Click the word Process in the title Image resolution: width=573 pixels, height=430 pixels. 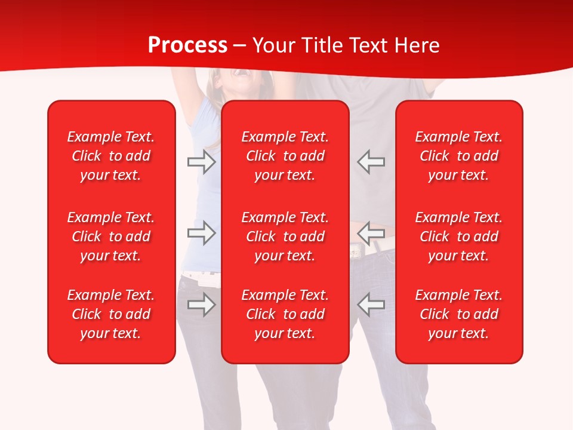click(x=187, y=45)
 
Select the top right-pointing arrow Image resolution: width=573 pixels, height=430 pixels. click(x=202, y=162)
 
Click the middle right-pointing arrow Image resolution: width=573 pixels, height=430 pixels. click(x=202, y=233)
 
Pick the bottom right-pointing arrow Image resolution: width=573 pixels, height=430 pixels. click(x=202, y=305)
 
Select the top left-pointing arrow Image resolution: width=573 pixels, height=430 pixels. click(x=371, y=162)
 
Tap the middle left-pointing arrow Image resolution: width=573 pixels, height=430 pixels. click(x=371, y=233)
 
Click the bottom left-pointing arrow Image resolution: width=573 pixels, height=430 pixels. click(x=371, y=305)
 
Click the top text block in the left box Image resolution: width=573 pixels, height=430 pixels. click(x=111, y=156)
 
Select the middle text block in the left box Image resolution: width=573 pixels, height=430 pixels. click(x=111, y=236)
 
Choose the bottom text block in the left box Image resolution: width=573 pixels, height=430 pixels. click(x=111, y=314)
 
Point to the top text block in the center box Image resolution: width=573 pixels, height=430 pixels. click(x=285, y=156)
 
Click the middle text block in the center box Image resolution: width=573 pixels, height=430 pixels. click(x=285, y=236)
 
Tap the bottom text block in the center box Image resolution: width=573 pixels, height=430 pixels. click(x=285, y=314)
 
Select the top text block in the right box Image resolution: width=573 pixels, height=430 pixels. click(x=459, y=156)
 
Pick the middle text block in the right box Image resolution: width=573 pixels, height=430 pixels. click(x=459, y=236)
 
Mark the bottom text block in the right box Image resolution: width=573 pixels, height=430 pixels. click(x=459, y=314)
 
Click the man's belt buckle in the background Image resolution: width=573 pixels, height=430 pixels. click(x=357, y=251)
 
